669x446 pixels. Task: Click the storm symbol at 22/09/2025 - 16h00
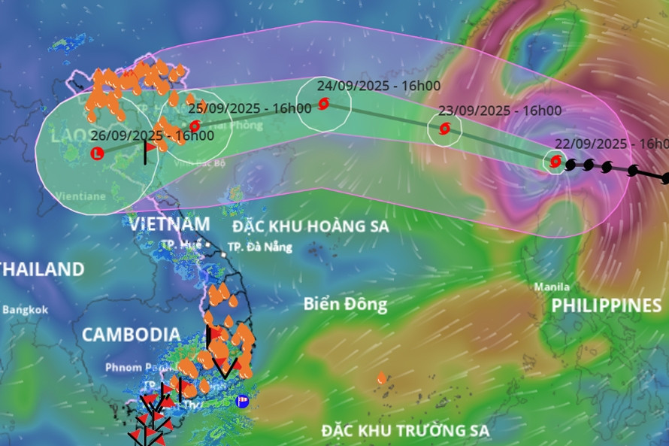555,161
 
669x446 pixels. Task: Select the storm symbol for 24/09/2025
323,104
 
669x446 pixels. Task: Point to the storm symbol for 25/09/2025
195,126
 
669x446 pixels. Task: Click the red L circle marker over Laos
96,153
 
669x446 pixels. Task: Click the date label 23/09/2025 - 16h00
499,111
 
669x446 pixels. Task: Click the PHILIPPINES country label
606,305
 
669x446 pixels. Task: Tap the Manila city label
552,287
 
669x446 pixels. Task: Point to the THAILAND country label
42,269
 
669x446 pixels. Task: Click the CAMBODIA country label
131,335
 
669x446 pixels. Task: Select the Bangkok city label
25,309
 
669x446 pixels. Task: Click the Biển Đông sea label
346,304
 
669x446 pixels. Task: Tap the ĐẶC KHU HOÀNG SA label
310,226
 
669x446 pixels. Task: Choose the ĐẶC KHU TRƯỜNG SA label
405,430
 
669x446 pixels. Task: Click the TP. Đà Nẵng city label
259,247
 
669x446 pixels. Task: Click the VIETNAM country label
169,223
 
